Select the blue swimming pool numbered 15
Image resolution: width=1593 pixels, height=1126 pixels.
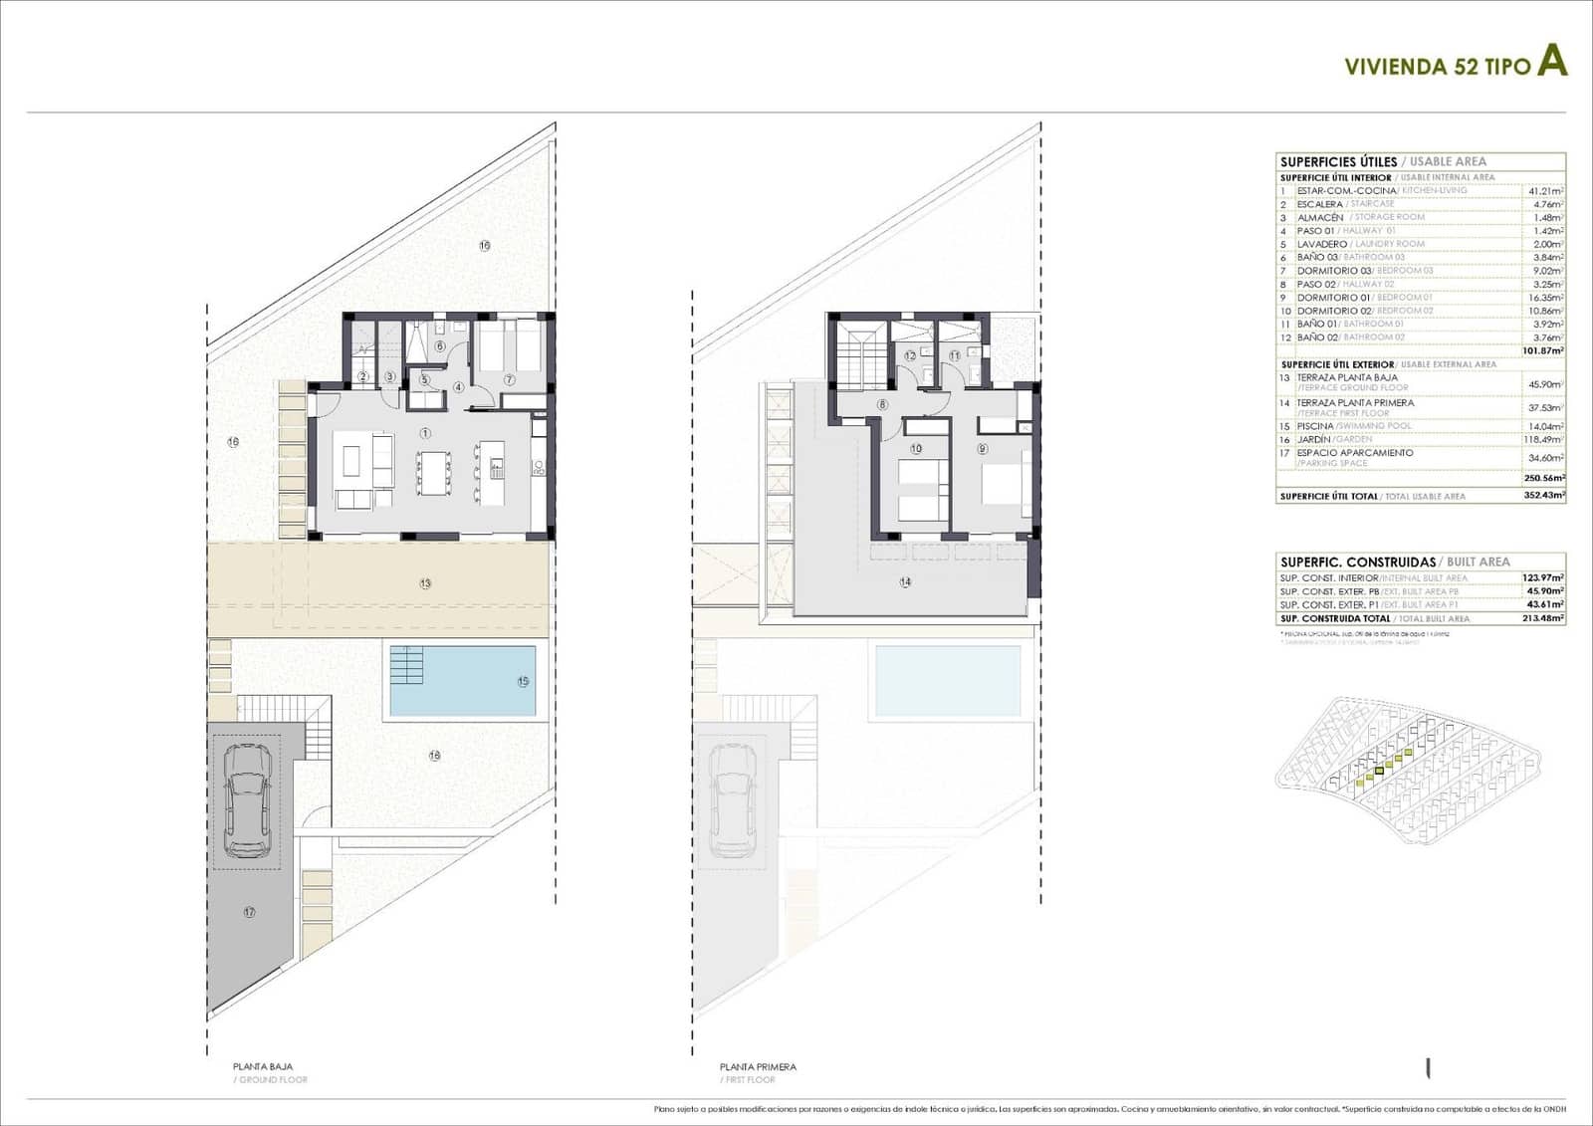(x=462, y=681)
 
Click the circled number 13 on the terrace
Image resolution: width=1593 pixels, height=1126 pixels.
(x=425, y=583)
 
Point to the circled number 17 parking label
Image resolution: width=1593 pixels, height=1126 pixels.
(x=249, y=912)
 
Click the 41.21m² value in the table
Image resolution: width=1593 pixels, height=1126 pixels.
(x=1544, y=190)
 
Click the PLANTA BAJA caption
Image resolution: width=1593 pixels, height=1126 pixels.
(x=263, y=1066)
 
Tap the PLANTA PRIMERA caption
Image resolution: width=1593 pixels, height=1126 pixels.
(x=758, y=1066)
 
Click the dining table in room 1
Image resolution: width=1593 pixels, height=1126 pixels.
(x=432, y=472)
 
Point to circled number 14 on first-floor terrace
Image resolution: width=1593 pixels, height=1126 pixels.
(x=905, y=582)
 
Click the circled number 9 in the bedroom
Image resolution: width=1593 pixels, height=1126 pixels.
(x=982, y=449)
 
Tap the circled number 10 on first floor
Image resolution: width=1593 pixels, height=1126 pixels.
(x=916, y=449)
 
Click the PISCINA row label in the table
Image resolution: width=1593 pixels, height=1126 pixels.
(x=1314, y=426)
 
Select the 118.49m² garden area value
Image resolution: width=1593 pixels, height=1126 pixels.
(x=1544, y=439)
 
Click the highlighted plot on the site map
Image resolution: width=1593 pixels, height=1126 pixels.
(x=1380, y=770)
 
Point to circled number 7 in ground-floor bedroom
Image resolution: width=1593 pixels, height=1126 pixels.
(x=509, y=379)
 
